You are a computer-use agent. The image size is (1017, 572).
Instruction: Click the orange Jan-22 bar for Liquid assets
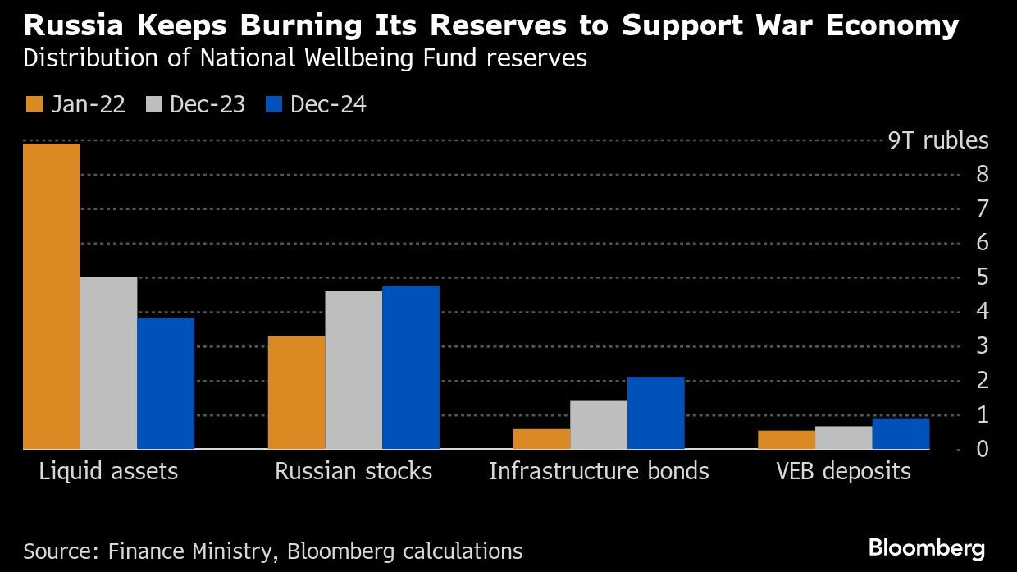click(52, 296)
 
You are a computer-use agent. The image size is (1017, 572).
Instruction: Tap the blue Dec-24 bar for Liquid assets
click(166, 383)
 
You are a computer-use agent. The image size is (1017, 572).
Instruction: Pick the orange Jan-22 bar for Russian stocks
click(296, 392)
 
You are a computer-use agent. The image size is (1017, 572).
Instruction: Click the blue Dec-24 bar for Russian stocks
click(411, 368)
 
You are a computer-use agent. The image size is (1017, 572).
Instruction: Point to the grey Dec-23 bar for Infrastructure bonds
click(599, 424)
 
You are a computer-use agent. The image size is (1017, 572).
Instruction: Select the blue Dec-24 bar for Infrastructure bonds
click(656, 413)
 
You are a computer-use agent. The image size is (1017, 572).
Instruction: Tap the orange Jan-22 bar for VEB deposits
click(787, 440)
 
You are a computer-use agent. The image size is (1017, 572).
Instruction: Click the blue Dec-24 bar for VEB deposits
click(901, 433)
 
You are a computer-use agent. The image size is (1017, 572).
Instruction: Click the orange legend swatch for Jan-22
click(34, 105)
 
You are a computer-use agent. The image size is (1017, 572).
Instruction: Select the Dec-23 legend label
click(208, 105)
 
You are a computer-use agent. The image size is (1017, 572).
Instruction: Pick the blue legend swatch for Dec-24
click(273, 105)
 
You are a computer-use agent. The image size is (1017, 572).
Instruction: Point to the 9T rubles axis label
click(938, 140)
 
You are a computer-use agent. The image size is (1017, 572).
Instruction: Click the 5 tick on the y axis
click(982, 277)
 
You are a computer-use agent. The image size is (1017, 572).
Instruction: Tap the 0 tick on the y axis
click(982, 449)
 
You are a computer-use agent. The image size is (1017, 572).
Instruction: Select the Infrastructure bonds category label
click(599, 472)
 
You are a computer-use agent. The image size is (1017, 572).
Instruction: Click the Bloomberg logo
click(927, 548)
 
